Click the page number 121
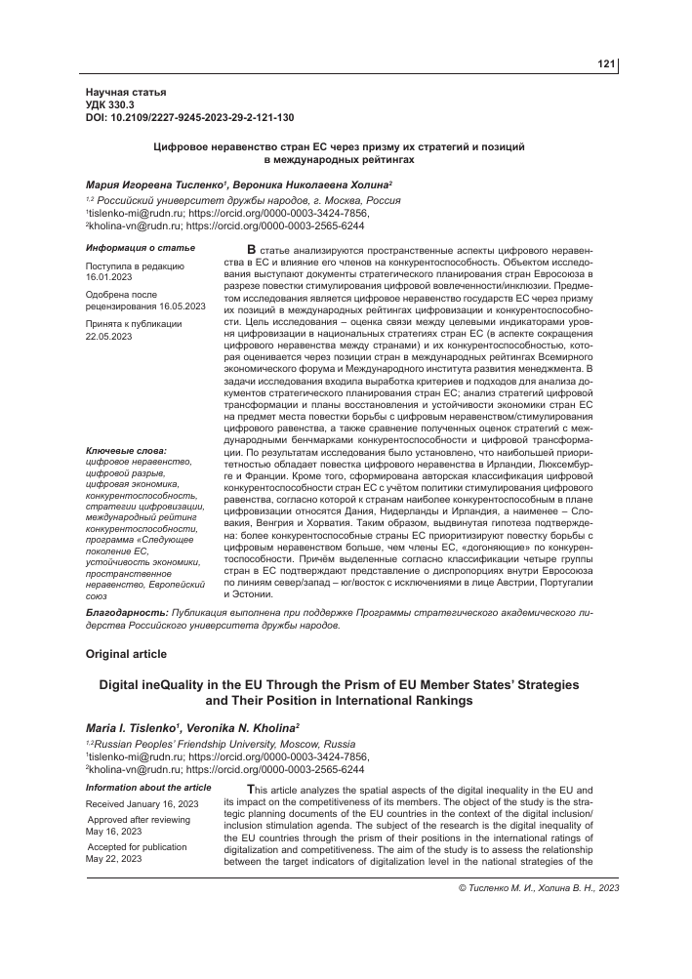606,64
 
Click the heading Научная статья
126,91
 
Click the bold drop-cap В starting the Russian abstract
254,251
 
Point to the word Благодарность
122,611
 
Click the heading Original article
127,653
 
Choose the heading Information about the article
148,787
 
